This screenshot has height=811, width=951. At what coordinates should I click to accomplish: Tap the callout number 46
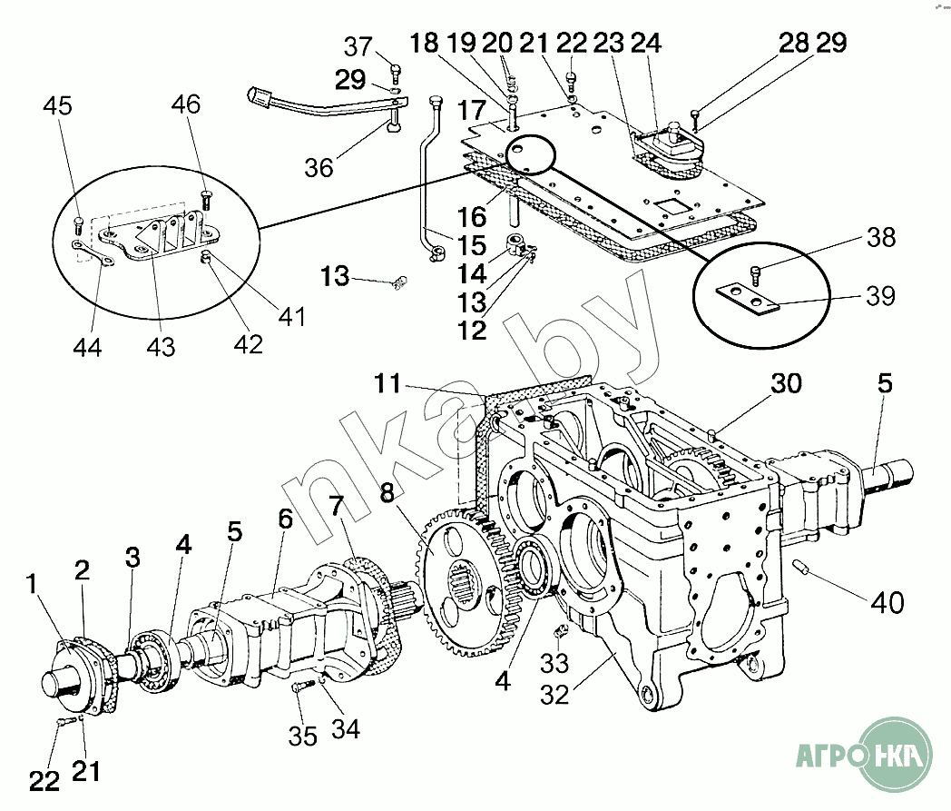pyautogui.click(x=186, y=104)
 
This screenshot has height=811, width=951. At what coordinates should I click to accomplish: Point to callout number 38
pyautogui.click(x=880, y=238)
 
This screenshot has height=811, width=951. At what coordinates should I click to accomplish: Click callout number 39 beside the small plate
pyautogui.click(x=880, y=296)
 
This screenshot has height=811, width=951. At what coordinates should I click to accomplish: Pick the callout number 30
pyautogui.click(x=787, y=384)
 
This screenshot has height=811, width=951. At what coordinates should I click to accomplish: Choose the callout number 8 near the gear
pyautogui.click(x=388, y=493)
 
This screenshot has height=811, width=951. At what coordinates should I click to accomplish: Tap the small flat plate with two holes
pyautogui.click(x=744, y=299)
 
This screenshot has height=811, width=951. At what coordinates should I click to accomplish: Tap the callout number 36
pyautogui.click(x=319, y=167)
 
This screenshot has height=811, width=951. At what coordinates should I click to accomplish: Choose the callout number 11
pyautogui.click(x=387, y=384)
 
